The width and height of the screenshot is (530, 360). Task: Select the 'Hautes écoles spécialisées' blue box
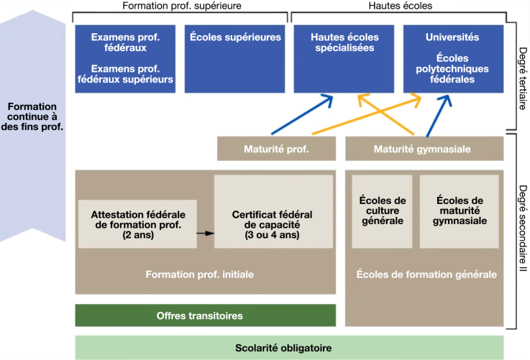[343, 59]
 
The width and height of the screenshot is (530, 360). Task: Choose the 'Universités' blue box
[452, 59]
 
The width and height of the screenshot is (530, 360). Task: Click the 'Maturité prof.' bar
[276, 149]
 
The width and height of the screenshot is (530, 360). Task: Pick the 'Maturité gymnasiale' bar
[423, 149]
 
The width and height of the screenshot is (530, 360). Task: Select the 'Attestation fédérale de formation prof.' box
[138, 223]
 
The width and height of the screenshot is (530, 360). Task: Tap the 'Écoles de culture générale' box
[381, 211]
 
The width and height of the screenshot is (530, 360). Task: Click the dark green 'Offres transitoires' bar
[205, 315]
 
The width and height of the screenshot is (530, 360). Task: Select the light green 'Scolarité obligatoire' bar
[283, 348]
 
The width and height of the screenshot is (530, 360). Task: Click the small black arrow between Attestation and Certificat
[206, 234]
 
